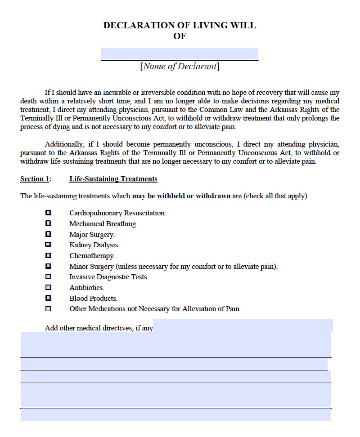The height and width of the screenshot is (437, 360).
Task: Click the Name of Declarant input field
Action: coord(180,54)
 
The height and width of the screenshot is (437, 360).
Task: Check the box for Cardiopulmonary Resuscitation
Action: coord(48,213)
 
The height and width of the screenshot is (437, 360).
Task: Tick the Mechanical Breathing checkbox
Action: coord(48,223)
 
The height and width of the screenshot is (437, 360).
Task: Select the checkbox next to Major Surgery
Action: coord(48,234)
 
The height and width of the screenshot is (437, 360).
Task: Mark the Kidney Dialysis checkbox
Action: coord(48,245)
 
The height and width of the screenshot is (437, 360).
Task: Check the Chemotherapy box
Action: coord(48,255)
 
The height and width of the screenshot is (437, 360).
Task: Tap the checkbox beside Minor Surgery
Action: coord(48,266)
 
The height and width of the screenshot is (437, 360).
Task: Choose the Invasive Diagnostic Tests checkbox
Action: coord(48,277)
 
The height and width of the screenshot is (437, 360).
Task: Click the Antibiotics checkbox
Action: coord(48,287)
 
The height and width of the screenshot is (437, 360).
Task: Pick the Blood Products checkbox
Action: coord(48,298)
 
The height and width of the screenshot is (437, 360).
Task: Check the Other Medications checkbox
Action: coord(48,309)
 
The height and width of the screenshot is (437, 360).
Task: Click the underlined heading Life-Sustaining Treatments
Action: coord(113,179)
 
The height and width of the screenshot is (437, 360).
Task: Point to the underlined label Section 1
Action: coord(35,179)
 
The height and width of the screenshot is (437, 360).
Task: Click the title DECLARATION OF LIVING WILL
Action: coord(180,25)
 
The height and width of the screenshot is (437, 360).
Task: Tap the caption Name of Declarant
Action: coord(180,67)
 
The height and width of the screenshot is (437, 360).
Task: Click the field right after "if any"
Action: coord(243,326)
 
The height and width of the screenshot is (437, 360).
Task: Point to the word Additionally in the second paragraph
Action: coord(63,144)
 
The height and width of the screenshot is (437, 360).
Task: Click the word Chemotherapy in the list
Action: coord(92,256)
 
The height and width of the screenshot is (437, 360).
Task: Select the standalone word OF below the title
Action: coord(180,36)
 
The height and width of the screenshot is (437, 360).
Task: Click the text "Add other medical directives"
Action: coord(89,328)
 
